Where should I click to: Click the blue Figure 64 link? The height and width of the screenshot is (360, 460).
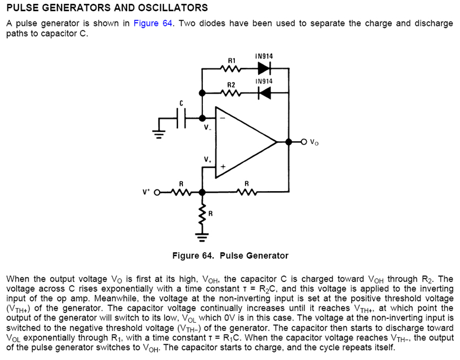click(153, 23)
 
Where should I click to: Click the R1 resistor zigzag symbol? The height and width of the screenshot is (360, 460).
click(232, 69)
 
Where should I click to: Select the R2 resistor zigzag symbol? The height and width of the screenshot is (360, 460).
click(232, 93)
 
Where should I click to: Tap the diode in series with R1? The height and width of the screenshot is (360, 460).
click(265, 68)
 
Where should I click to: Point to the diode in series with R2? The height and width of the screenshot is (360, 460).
click(265, 93)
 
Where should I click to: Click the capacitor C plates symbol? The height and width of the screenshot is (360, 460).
click(181, 118)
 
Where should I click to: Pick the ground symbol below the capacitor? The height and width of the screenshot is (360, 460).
click(159, 135)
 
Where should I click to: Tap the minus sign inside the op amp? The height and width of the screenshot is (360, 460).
click(222, 118)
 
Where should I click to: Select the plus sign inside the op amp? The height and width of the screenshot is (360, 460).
click(223, 167)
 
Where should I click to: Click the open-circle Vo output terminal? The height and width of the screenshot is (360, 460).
click(304, 142)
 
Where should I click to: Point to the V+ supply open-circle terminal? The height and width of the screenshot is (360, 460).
click(157, 193)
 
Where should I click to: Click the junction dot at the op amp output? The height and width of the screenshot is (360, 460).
click(288, 142)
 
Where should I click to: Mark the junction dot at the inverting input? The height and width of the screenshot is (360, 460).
click(202, 118)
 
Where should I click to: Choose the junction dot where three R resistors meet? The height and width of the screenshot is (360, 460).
click(202, 193)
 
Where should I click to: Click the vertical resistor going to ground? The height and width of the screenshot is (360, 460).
click(202, 215)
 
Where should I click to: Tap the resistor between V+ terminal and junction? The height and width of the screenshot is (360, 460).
click(181, 193)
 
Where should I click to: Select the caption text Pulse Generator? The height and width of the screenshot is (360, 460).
click(254, 256)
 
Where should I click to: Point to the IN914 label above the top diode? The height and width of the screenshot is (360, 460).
click(264, 56)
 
